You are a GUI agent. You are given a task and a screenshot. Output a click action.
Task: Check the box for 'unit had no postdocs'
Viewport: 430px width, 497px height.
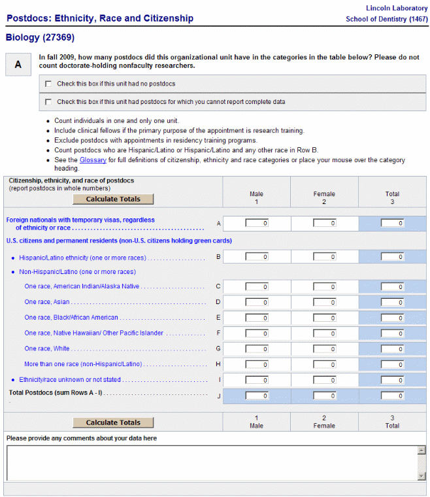[48, 84]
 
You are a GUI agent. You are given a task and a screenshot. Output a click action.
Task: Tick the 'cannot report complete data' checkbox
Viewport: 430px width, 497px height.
[48, 102]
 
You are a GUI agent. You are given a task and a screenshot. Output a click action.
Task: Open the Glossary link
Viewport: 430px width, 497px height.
[93, 160]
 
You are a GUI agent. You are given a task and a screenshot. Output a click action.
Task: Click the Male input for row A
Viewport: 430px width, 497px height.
[257, 223]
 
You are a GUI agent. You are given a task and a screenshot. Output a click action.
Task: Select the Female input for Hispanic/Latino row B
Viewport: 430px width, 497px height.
[324, 257]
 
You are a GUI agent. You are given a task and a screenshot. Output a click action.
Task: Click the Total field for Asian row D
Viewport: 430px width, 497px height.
[392, 302]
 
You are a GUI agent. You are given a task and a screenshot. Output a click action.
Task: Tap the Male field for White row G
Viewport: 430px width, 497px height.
[257, 349]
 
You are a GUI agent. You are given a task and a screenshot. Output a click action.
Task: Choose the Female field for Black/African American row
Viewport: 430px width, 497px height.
[324, 318]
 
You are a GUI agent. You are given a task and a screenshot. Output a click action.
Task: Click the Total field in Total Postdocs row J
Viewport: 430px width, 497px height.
[392, 396]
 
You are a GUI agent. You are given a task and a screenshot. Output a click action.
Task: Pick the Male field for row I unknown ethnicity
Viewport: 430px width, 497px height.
[257, 380]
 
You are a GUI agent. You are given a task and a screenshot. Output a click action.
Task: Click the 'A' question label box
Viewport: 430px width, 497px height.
[18, 64]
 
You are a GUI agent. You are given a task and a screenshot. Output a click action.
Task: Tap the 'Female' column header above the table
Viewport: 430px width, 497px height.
[324, 194]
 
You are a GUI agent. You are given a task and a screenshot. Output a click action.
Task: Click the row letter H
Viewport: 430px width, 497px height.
[218, 364]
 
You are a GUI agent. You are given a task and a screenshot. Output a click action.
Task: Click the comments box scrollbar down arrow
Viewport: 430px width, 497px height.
[422, 476]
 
